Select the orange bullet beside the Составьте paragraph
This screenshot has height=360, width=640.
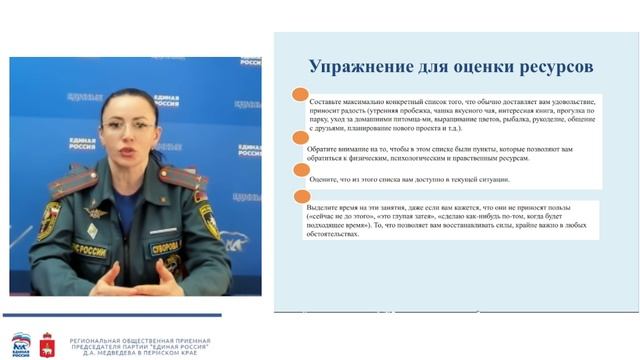coord(298,95)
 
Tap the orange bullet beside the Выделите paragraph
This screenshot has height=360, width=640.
coord(298,197)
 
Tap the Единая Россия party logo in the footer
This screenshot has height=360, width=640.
coord(21,345)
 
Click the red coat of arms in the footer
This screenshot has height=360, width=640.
coord(47,346)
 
